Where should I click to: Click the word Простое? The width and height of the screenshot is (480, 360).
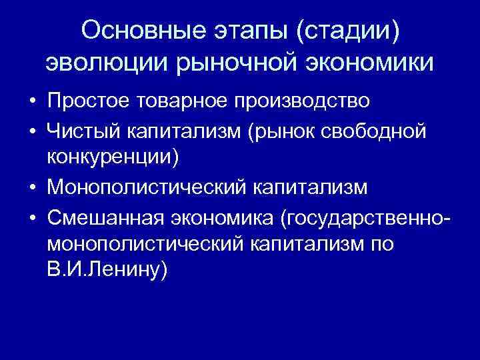[88, 101]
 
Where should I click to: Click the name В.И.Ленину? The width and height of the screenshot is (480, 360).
[106, 271]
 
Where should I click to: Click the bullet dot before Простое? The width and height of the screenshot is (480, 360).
[31, 102]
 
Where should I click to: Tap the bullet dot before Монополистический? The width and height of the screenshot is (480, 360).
[31, 188]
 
